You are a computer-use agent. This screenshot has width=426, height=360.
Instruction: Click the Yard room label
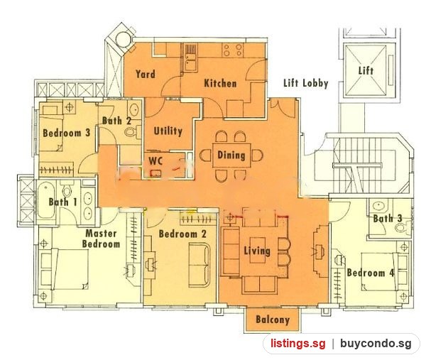point(146,74)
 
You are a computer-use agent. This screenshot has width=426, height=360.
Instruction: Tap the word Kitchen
point(220,83)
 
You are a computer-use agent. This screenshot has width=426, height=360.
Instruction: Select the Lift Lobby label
point(305,83)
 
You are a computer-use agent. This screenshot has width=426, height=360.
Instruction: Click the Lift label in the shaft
point(366,70)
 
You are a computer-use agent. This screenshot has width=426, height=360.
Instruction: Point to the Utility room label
point(168,131)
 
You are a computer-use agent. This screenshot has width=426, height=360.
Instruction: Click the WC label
point(155,161)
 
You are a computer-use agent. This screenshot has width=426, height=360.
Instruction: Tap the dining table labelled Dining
point(231,155)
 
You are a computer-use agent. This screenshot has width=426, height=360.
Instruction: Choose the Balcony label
point(273,320)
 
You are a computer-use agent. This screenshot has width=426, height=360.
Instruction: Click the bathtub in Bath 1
point(45,200)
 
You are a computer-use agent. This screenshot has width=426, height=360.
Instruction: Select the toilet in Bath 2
point(133,132)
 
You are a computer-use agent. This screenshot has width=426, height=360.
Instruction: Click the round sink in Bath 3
point(379,206)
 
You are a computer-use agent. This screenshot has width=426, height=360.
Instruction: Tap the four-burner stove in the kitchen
point(232,50)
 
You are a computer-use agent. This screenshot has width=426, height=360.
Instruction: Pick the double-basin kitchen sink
point(191,60)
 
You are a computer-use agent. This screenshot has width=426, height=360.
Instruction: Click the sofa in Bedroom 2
point(200,265)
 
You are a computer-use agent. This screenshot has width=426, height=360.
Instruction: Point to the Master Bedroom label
point(102,239)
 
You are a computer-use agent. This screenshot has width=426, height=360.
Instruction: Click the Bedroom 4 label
point(371,273)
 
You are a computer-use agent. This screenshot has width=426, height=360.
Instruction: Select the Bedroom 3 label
point(67,133)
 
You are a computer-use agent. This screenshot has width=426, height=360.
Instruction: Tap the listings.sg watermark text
point(297,344)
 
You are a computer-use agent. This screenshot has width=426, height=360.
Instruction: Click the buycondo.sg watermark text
point(376,344)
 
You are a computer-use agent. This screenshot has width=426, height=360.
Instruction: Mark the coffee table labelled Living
point(257,250)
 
